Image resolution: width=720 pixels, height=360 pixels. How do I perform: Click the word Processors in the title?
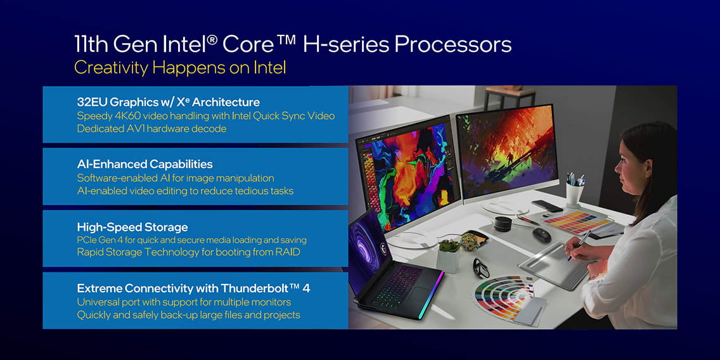coord(453,45)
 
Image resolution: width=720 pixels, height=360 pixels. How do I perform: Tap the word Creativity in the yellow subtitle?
coord(112,68)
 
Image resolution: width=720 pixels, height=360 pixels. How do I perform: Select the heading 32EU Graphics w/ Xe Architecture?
coord(168,101)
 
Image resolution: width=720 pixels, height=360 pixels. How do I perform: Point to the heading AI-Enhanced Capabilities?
coord(145,164)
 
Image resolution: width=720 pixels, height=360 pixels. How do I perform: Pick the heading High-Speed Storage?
coord(132,227)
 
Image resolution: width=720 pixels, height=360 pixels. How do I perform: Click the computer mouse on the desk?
coord(542,235)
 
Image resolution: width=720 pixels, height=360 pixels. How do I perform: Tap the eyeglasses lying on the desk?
coord(480,268)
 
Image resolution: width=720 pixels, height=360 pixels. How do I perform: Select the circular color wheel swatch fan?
coord(504,295)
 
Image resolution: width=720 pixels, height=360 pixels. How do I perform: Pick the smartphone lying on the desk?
coord(547,205)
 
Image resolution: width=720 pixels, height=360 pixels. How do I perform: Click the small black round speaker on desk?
coord(503,224)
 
